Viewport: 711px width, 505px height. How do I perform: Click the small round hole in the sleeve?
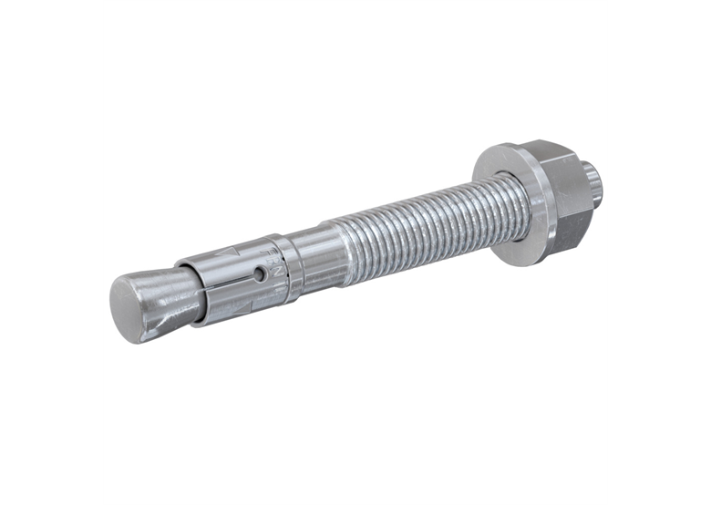[261, 273]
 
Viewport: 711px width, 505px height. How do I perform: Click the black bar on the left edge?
[51, 252]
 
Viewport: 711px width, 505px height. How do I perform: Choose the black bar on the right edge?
[659, 252]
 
